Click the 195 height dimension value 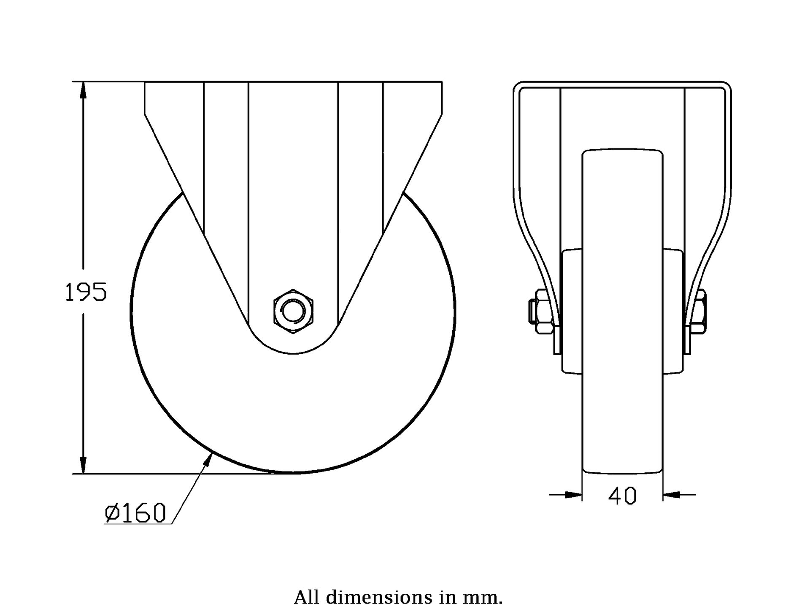(86, 292)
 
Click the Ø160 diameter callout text (135, 513)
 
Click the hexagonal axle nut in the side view (293, 312)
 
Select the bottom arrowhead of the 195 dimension (84, 464)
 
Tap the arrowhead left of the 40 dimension (572, 494)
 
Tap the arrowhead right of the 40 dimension (672, 494)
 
